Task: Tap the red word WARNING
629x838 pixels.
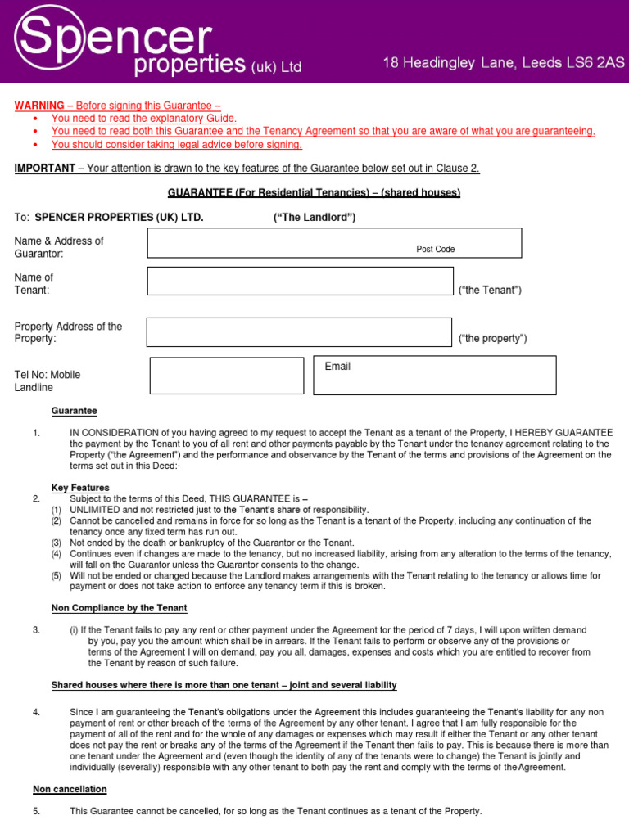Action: tap(39, 106)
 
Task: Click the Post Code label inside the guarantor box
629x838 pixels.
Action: tap(435, 249)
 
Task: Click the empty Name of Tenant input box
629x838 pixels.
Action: tap(300, 281)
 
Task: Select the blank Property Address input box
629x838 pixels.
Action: tap(300, 332)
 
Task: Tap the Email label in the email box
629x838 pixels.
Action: tap(337, 367)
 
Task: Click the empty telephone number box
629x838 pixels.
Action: tap(226, 375)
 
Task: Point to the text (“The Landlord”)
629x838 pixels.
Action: tap(314, 218)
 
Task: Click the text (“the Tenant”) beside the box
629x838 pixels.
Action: tap(490, 290)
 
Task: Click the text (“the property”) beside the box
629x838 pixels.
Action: tap(492, 339)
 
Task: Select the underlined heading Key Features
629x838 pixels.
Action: tap(80, 488)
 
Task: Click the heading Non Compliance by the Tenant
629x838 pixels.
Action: tap(119, 608)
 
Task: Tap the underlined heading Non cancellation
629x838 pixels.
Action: tap(70, 790)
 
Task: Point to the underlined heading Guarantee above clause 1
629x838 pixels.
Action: tap(74, 411)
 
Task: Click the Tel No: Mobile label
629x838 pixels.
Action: tap(48, 375)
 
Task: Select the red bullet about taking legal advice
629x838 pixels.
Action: tap(176, 145)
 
